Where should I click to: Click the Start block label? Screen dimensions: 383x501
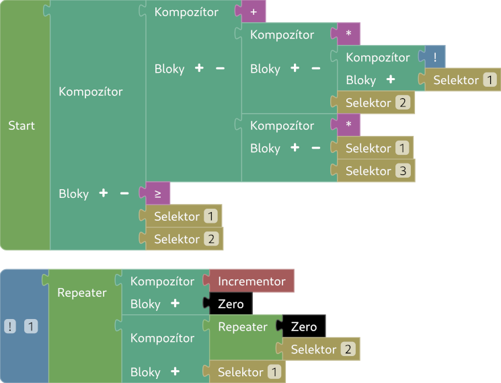tap(22, 126)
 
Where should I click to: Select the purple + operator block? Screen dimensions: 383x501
tap(254, 12)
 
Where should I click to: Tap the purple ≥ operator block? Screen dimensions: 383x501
tap(157, 194)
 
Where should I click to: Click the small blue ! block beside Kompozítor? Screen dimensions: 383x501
tap(435, 58)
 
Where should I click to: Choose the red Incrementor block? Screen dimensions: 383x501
tap(252, 281)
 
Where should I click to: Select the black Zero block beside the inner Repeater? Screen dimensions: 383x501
tap(304, 327)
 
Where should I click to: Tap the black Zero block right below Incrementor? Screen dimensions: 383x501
tap(231, 304)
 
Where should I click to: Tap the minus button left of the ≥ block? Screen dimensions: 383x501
tap(124, 193)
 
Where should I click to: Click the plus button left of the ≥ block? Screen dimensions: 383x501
tap(104, 193)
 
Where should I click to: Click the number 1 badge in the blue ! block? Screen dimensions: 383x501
tap(32, 327)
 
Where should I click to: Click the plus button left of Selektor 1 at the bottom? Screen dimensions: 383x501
tap(175, 372)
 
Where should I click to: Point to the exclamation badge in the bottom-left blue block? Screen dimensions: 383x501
tap(11, 327)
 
